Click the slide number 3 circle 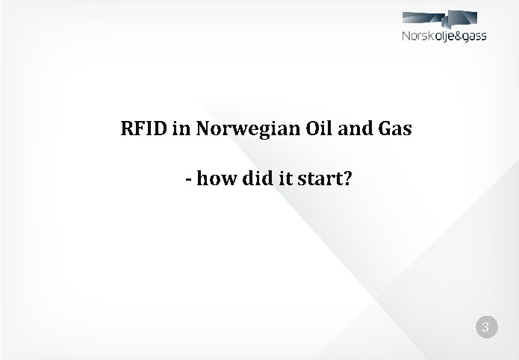pos(485,327)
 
